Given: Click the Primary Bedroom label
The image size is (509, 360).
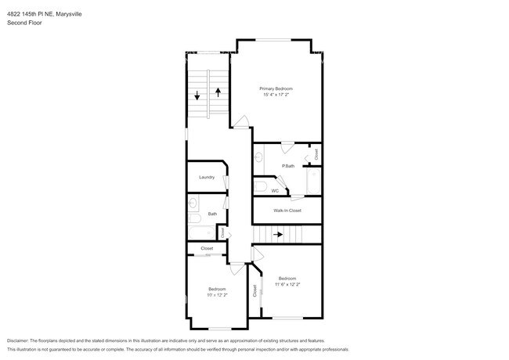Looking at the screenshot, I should point(276,89).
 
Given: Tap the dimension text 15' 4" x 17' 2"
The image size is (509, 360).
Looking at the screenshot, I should point(276,95).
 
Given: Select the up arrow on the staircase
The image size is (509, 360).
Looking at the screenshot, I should point(218,92).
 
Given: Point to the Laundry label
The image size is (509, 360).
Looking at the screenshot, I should point(207,177).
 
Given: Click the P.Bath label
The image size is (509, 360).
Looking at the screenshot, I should point(288,166).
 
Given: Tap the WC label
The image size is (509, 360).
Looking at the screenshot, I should point(275,190).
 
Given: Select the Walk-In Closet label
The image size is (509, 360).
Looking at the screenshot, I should point(287,211).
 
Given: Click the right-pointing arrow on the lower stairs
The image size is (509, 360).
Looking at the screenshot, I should point(278,234).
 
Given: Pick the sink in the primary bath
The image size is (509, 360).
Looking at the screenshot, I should point(258,157).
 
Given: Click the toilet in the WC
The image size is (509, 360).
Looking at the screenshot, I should point(260,186).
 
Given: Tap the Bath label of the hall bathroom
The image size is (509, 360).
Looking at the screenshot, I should point(211,214).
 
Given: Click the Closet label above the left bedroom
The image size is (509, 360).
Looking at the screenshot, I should point(207,248).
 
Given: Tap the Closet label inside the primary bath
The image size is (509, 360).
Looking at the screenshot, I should point(316,155).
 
